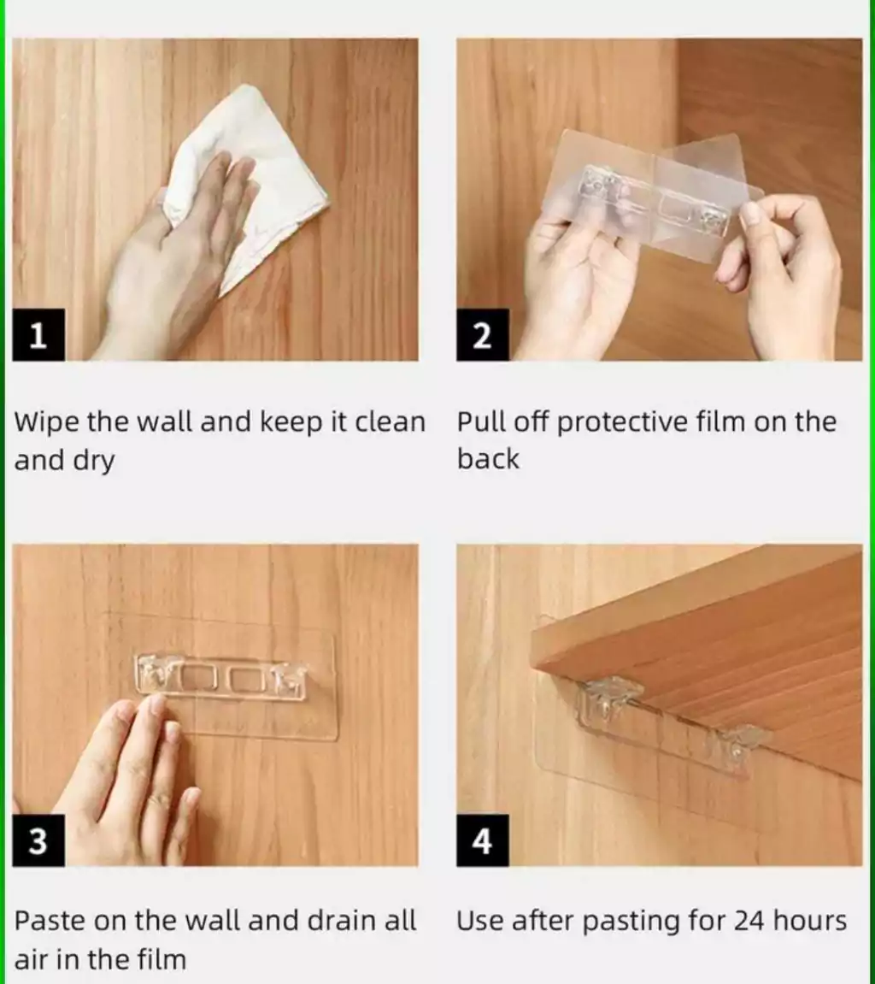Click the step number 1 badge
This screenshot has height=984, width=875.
pyautogui.click(x=38, y=335)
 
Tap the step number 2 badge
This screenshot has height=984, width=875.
pyautogui.click(x=482, y=335)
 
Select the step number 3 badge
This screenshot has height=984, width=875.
pyautogui.click(x=38, y=841)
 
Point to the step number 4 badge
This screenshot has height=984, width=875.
pyautogui.click(x=482, y=841)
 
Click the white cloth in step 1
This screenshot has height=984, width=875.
pyautogui.click(x=263, y=182)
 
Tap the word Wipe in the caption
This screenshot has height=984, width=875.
pyautogui.click(x=47, y=421)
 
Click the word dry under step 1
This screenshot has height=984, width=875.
pyautogui.click(x=94, y=462)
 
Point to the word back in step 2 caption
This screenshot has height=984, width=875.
pyautogui.click(x=488, y=459)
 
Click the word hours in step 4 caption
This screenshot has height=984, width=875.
pyautogui.click(x=810, y=921)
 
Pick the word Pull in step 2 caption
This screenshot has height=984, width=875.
pyautogui.click(x=482, y=421)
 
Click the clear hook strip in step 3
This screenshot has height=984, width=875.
pyautogui.click(x=221, y=678)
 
